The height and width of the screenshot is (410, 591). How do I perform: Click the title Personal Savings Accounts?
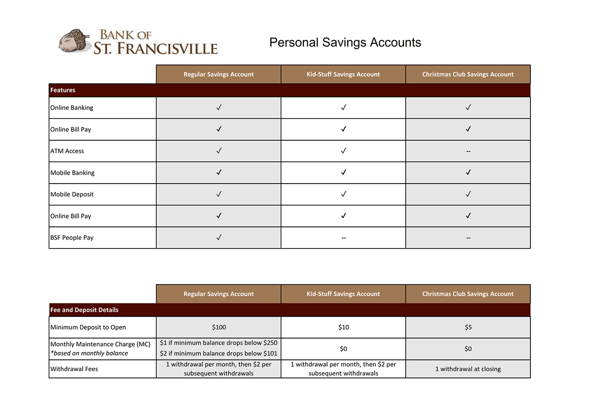(345, 42)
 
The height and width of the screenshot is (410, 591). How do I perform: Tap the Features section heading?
(63, 90)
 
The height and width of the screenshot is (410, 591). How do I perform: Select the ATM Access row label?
(67, 151)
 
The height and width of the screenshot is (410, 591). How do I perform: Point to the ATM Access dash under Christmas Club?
(468, 151)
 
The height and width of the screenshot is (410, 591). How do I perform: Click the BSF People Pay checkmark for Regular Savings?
(219, 237)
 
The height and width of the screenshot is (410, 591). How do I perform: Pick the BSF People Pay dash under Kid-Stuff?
(343, 238)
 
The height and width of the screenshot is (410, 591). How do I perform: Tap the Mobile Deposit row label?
(72, 194)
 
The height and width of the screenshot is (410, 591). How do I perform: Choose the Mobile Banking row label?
(72, 173)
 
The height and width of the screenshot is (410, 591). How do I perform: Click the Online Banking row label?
(71, 108)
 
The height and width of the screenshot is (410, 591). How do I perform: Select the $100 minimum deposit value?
(219, 327)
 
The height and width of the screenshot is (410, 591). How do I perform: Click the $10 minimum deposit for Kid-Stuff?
(343, 327)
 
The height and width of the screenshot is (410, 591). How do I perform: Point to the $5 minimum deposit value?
(468, 327)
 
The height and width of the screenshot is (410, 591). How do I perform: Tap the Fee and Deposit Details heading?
(84, 310)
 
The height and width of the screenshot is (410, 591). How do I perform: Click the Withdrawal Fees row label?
(74, 369)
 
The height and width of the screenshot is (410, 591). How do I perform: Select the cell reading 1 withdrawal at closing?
(468, 369)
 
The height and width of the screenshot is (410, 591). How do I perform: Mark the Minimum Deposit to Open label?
(88, 327)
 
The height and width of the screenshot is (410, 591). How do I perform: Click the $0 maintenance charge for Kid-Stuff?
(343, 349)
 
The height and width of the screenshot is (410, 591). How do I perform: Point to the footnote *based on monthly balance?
(89, 353)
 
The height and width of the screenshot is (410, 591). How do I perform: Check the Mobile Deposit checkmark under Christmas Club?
(468, 194)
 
